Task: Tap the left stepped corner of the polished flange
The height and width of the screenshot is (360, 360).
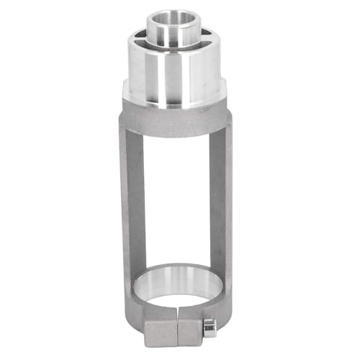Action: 126,89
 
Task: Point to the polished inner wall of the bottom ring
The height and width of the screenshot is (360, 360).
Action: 176,277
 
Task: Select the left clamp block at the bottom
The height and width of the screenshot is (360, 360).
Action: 161,331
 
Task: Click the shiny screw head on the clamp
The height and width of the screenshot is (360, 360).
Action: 210,326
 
